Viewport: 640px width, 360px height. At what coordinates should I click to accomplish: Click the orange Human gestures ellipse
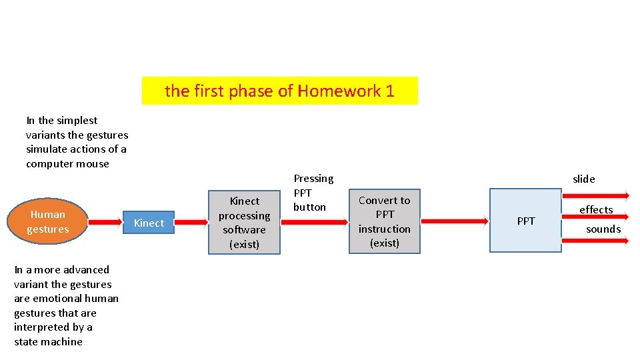pos(47,221)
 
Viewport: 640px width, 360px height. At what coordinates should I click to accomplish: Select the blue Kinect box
pos(149,223)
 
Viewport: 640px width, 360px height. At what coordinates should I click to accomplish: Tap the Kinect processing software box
pos(244,222)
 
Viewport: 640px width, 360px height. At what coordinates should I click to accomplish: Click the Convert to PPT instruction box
pos(385,221)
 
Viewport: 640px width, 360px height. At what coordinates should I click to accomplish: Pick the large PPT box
pos(525,221)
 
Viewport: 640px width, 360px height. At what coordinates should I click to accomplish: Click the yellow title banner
pos(279,91)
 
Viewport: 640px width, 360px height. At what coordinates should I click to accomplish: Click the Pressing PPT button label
pos(313,193)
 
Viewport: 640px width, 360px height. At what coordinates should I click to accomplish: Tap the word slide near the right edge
pos(584,179)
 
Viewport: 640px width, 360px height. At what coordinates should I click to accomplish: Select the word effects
pos(596,209)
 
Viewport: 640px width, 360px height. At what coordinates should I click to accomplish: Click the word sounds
pos(603,229)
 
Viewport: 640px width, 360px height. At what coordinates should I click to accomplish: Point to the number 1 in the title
pos(390,91)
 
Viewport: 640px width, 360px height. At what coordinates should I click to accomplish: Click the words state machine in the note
pos(48,341)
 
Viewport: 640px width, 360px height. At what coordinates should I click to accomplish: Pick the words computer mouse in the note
pos(67,163)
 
